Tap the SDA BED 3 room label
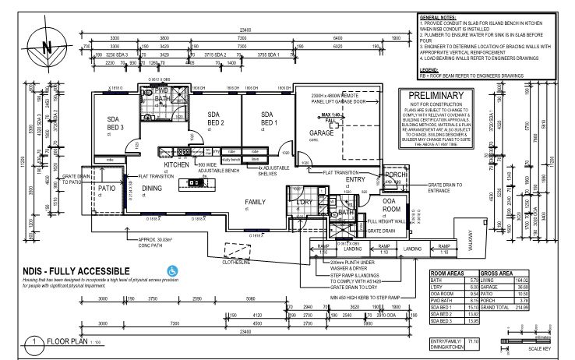click(117, 123)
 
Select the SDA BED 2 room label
click(215, 119)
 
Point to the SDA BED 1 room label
click(268, 119)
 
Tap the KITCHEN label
click(177, 166)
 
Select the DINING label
click(152, 188)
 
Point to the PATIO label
click(107, 189)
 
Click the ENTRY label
click(355, 180)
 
